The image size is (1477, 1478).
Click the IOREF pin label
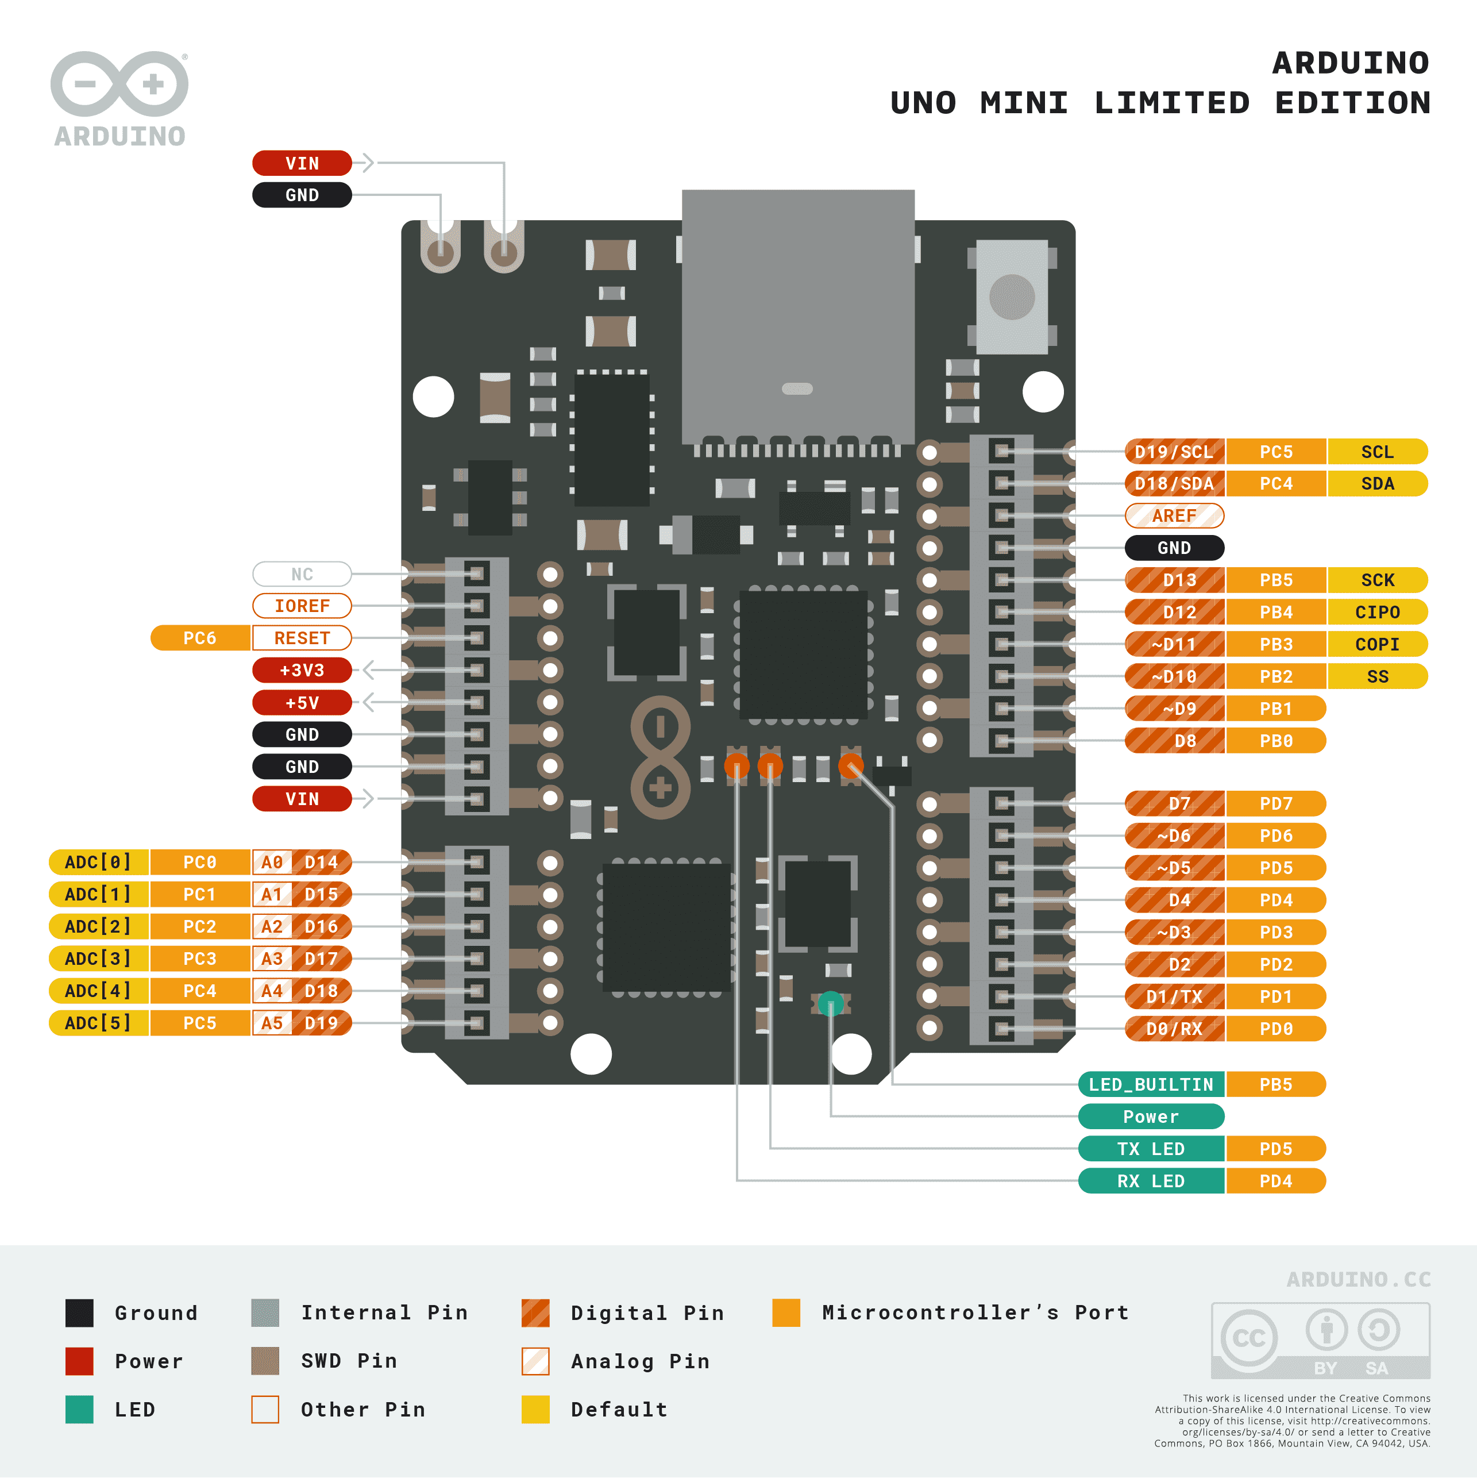pyautogui.click(x=302, y=606)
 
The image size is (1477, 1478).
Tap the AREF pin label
pyautogui.click(x=1174, y=515)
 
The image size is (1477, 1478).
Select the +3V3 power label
pyautogui.click(x=302, y=670)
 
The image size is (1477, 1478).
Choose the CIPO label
pyautogui.click(x=1377, y=612)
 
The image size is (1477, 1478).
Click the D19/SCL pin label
pyautogui.click(x=1174, y=451)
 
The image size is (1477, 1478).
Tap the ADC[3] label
pyautogui.click(x=98, y=958)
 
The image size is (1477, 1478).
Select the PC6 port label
pyautogui.click(x=200, y=638)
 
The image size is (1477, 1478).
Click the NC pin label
pyautogui.click(x=302, y=574)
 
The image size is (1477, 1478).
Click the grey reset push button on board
pyautogui.click(x=1012, y=297)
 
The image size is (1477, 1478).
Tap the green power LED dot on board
pyautogui.click(x=831, y=1003)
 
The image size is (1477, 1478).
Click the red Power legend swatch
pyautogui.click(x=79, y=1361)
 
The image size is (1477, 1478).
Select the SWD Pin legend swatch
pyautogui.click(x=265, y=1361)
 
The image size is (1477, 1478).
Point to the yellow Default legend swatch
pyautogui.click(x=535, y=1409)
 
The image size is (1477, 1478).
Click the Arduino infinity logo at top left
pyautogui.click(x=119, y=84)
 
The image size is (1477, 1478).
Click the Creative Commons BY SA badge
pyautogui.click(x=1320, y=1340)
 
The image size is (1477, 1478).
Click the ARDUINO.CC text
pyautogui.click(x=1359, y=1279)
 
